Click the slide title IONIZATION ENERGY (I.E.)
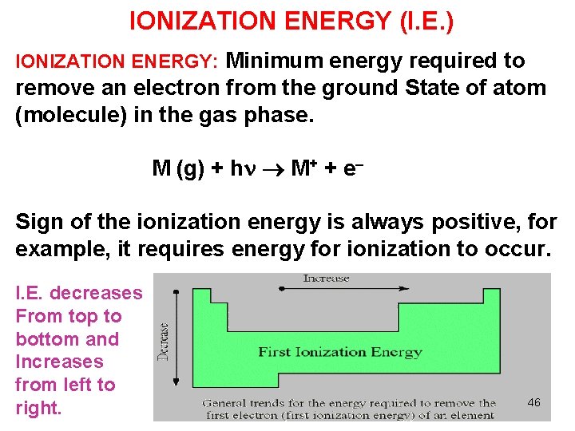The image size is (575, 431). (291, 21)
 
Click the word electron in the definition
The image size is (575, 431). (181, 88)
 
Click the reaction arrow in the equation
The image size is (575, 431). (273, 169)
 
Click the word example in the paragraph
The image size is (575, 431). (61, 248)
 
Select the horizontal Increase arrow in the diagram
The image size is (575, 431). (325, 291)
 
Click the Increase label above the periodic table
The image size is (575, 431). (326, 279)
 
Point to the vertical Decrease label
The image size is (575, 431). (164, 342)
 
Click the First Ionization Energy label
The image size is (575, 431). (339, 352)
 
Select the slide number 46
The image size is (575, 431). (533, 402)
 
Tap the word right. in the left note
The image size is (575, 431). (38, 408)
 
